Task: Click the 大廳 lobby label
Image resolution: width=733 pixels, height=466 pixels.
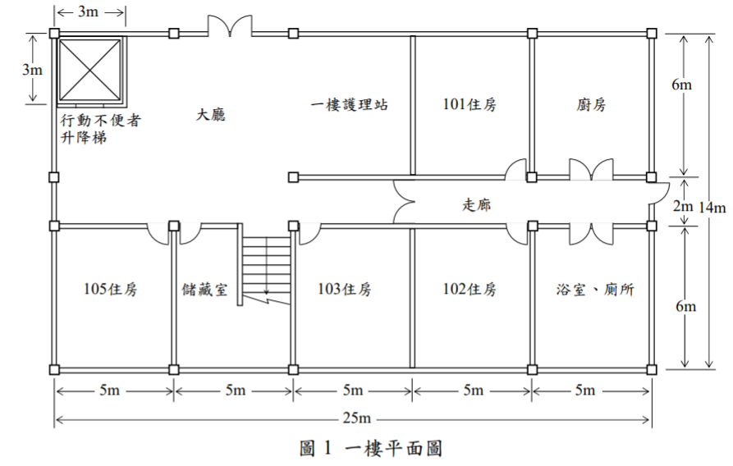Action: click(210, 115)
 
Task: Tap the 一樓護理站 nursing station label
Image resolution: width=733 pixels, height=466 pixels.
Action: click(350, 103)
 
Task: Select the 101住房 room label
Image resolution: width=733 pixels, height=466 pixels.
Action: click(470, 103)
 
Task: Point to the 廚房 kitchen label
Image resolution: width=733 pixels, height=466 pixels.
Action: click(591, 103)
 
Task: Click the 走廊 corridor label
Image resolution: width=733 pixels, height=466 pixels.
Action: click(477, 204)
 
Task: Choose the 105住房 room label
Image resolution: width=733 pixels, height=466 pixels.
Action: click(110, 289)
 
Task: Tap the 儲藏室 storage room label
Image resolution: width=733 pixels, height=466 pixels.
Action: click(204, 290)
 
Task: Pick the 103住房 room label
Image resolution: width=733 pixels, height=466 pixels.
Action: click(345, 289)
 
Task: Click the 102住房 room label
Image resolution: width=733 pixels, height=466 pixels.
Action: click(470, 289)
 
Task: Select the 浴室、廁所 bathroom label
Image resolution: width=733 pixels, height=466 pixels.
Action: click(595, 290)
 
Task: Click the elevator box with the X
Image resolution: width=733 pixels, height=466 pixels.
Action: click(89, 70)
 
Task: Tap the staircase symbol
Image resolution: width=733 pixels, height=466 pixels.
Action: click(265, 266)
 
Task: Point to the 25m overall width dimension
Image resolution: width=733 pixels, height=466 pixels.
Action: click(357, 418)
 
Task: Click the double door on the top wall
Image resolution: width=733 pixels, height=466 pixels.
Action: click(230, 25)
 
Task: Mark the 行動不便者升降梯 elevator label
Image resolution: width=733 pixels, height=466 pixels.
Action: click(100, 129)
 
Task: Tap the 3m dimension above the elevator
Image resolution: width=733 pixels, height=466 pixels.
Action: click(89, 11)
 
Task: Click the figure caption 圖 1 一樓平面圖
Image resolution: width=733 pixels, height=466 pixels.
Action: click(371, 448)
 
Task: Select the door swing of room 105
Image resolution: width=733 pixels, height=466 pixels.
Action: click(158, 234)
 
